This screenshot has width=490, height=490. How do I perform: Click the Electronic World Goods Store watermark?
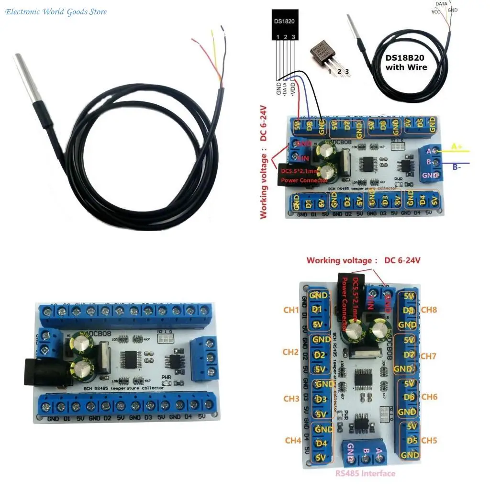pos(56,11)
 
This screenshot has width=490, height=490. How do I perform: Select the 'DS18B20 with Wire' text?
pos(406,62)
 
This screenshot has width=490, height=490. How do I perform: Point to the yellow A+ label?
pos(457,147)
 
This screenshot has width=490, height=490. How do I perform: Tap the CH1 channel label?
pos(291,310)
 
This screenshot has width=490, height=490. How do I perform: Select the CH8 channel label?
pos(429,310)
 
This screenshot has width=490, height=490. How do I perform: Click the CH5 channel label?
pos(429,440)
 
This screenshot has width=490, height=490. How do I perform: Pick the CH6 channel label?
pos(429,397)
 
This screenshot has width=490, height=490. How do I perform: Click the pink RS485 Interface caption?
pos(365,473)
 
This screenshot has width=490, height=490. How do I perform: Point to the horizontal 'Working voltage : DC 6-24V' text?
pos(364,261)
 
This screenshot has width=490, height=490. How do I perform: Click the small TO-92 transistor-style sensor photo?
pos(328,56)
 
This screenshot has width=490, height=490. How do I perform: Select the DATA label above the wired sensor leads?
pos(442,4)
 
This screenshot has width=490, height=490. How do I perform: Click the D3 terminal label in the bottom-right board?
pos(321,400)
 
